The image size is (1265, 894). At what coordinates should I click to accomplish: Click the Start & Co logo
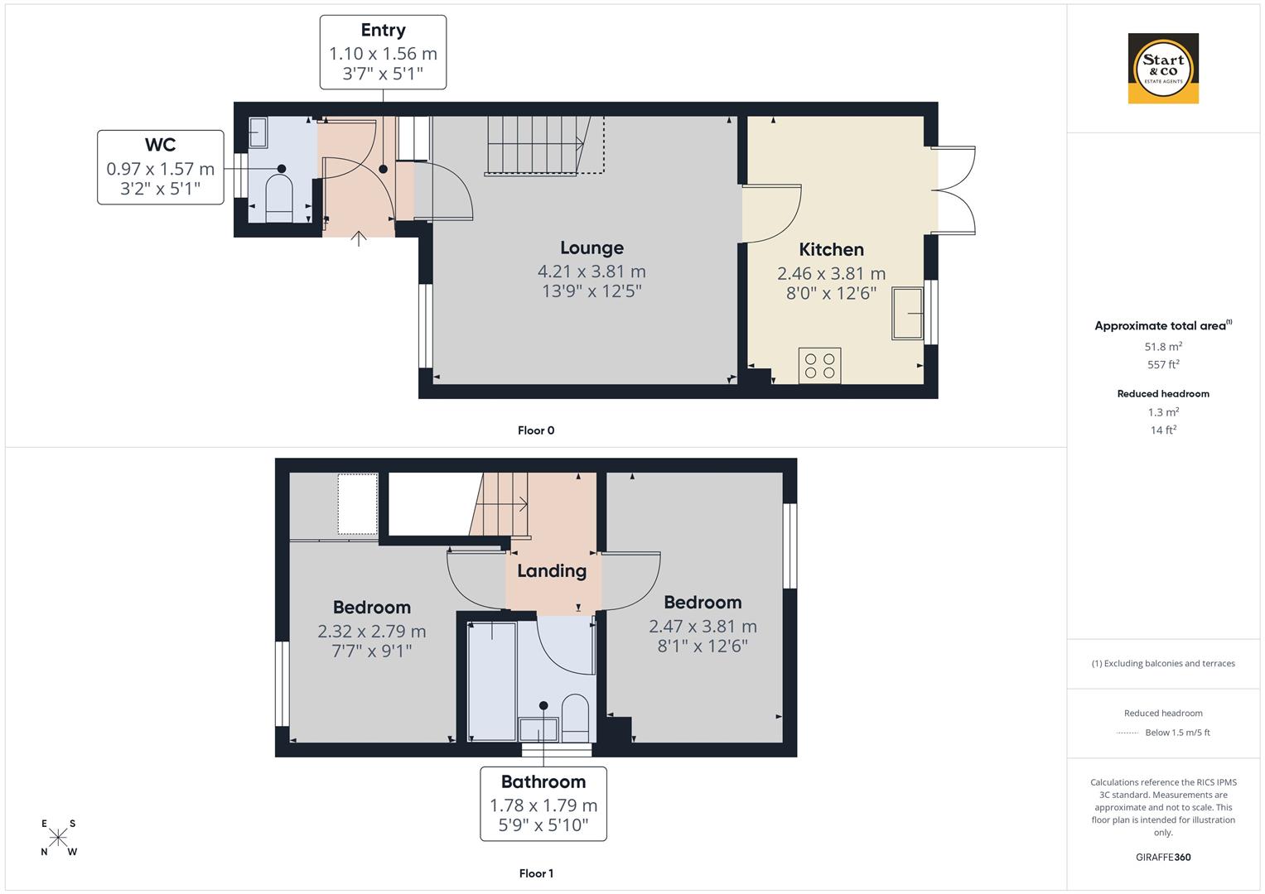tap(1163, 68)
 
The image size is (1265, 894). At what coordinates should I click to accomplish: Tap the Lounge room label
tap(591, 248)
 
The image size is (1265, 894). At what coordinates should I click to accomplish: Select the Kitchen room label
tap(831, 249)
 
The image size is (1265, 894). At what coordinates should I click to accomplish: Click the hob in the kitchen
tap(820, 366)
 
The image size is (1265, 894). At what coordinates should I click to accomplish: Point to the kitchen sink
tap(907, 314)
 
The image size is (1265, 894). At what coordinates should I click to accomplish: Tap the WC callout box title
tap(160, 145)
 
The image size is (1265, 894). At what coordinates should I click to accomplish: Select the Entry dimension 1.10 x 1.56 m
tap(383, 54)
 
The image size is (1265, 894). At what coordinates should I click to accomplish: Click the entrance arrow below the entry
tap(359, 239)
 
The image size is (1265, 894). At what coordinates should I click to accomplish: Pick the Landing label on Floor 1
tap(552, 570)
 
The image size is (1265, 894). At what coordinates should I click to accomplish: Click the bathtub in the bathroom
tap(491, 680)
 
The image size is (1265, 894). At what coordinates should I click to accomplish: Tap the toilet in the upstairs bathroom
tap(575, 718)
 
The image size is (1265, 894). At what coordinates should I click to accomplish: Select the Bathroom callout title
tap(543, 781)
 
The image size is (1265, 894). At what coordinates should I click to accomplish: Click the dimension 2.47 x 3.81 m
tap(703, 627)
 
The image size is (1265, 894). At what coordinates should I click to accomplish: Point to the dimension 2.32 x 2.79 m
tap(372, 632)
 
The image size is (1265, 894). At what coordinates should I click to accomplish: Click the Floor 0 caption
tap(536, 430)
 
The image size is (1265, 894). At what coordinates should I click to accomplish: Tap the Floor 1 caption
tap(536, 873)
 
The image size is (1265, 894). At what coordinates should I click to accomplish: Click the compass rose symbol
tap(59, 838)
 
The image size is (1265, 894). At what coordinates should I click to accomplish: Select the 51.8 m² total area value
tap(1163, 347)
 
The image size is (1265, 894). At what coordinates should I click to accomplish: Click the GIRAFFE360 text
tap(1163, 857)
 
